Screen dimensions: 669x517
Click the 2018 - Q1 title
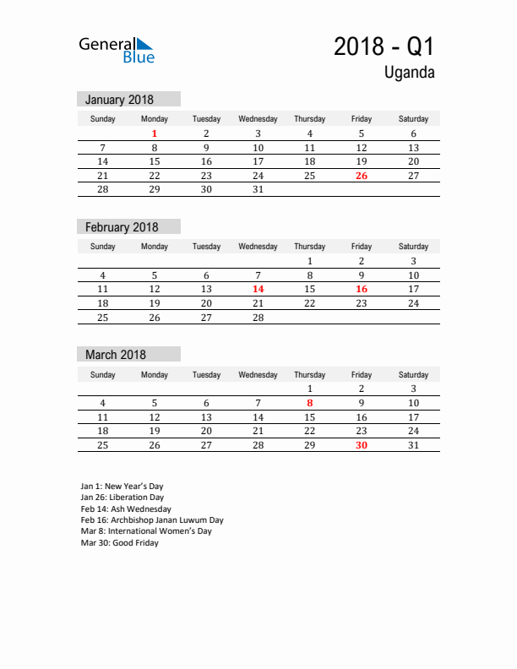coord(384,46)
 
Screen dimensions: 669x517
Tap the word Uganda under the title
coord(410,73)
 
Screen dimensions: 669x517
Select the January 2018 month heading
coord(119,100)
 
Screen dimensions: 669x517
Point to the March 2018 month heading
coord(116,355)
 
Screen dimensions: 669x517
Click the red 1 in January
coord(155,133)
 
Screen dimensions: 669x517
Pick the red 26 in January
coord(362,176)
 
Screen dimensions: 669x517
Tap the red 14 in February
coord(258,289)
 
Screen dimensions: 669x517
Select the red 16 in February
coord(362,289)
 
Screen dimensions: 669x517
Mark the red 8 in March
coord(310,403)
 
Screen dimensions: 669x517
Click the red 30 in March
coord(362,445)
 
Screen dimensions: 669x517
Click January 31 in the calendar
coord(258,189)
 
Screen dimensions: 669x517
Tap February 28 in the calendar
coord(258,318)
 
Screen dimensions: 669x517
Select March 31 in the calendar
coord(413,445)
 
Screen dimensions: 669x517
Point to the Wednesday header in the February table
coord(258,247)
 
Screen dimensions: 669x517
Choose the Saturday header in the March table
coord(413,374)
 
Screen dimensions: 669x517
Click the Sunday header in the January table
coord(103,119)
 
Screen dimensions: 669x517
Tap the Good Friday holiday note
coord(119,543)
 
